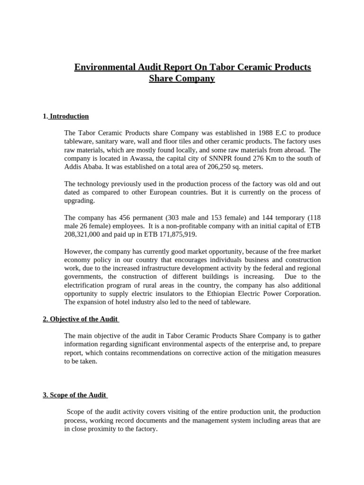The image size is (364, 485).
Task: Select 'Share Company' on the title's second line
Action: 182,79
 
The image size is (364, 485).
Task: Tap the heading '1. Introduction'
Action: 66,117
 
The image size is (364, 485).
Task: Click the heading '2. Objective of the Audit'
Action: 81,319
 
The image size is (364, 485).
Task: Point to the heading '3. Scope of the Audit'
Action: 75,395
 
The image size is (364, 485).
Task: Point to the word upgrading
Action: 80,201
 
